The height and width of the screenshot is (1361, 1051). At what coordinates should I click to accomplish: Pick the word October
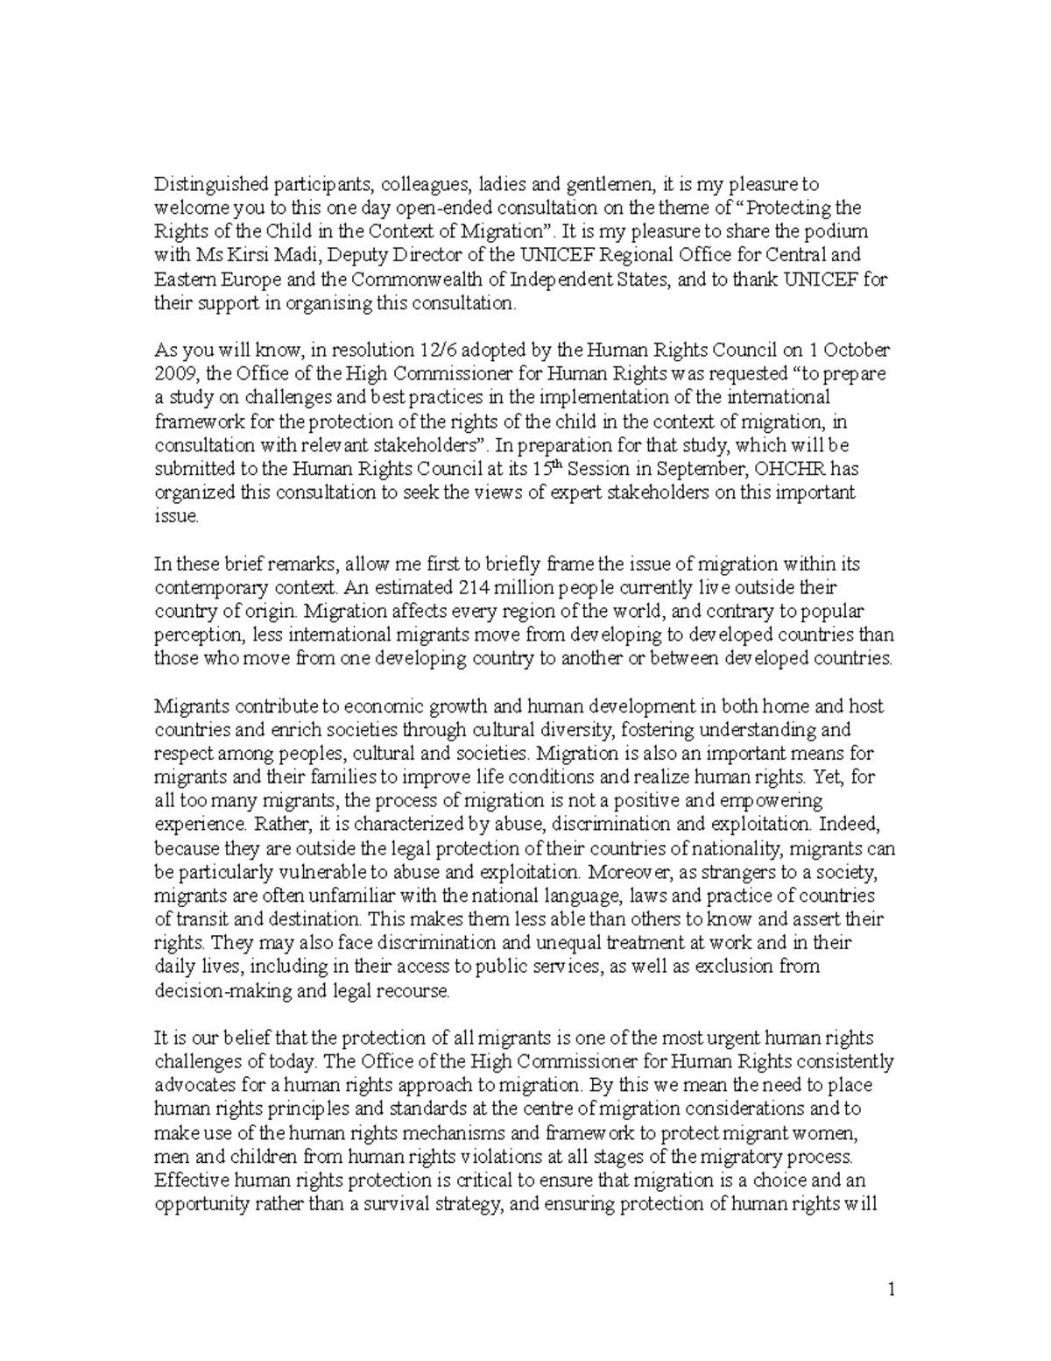(858, 351)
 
